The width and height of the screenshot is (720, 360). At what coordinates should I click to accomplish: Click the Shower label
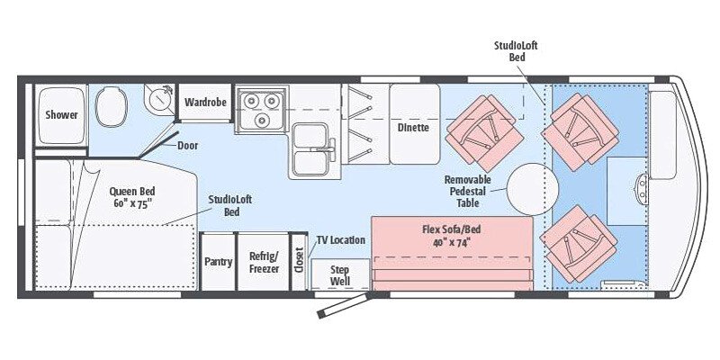62,115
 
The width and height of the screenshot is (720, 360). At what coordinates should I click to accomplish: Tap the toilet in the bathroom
112,107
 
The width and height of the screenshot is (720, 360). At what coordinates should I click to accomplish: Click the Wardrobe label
204,102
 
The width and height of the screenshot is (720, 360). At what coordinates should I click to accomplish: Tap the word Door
188,145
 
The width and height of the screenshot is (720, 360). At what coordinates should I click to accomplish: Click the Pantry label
217,262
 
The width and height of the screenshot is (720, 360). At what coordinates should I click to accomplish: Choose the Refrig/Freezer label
264,262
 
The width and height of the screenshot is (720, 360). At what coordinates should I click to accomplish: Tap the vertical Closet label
299,262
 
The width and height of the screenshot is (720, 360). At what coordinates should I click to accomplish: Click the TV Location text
341,240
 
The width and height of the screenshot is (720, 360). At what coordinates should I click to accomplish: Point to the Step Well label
340,274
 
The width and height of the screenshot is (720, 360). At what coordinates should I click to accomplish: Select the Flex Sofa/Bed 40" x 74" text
447,235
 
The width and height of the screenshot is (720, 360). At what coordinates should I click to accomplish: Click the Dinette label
413,127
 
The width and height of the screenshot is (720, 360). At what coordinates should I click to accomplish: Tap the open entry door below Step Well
340,305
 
